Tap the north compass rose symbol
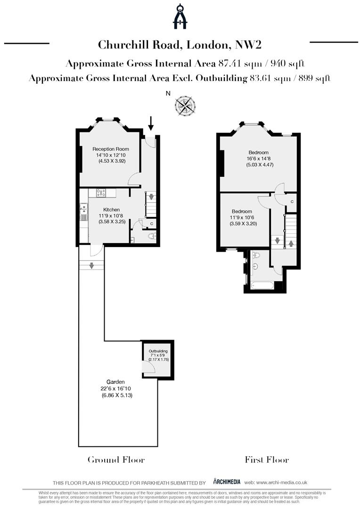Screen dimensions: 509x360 [185, 105]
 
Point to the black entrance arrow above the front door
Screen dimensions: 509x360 [151, 123]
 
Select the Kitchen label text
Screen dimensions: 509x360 [112, 210]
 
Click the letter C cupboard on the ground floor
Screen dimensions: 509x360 [151, 223]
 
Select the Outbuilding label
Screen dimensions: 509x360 [158, 352]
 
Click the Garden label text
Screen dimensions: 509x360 [115, 382]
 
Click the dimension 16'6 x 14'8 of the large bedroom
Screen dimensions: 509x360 [259, 159]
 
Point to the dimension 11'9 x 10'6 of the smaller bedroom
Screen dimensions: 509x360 [241, 218]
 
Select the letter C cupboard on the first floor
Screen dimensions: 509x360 [292, 202]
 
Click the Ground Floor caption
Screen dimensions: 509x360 [116, 460]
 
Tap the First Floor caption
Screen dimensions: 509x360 [267, 460]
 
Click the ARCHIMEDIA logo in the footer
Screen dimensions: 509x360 [227, 482]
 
